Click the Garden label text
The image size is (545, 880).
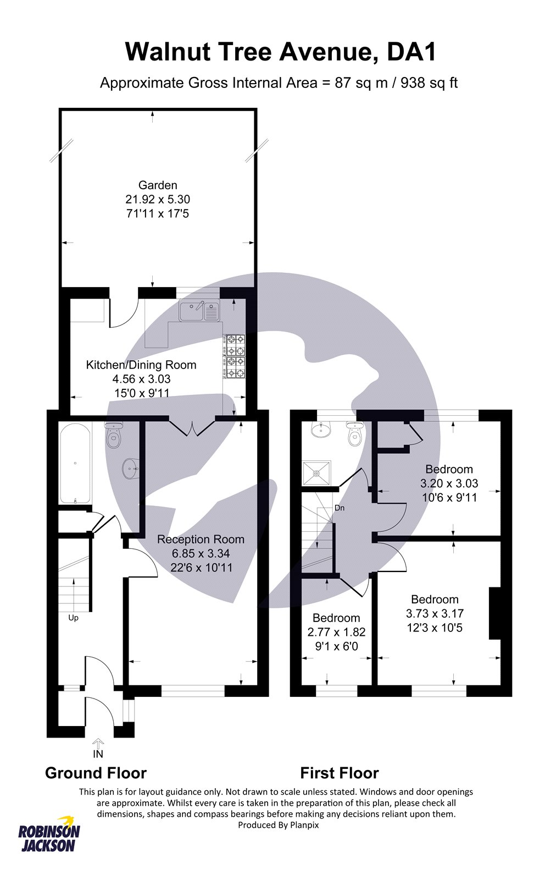coord(158,185)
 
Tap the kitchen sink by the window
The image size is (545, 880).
coord(198,311)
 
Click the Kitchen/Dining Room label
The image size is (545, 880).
coord(141,365)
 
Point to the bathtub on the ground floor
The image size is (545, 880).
coord(75,464)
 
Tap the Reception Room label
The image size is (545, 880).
coord(201,540)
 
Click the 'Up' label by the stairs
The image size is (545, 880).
coord(73,618)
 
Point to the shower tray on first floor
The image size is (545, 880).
coord(316,472)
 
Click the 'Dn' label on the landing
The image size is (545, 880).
coord(340,508)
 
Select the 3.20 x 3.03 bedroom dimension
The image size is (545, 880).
coord(449,483)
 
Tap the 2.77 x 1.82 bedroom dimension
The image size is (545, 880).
coord(336,632)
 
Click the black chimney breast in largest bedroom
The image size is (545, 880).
coord(495,613)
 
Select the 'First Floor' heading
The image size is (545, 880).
coord(339,773)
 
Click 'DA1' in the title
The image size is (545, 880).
coord(411,52)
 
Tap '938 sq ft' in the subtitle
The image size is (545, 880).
coord(429,83)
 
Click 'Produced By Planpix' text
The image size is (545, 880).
coord(278,825)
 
